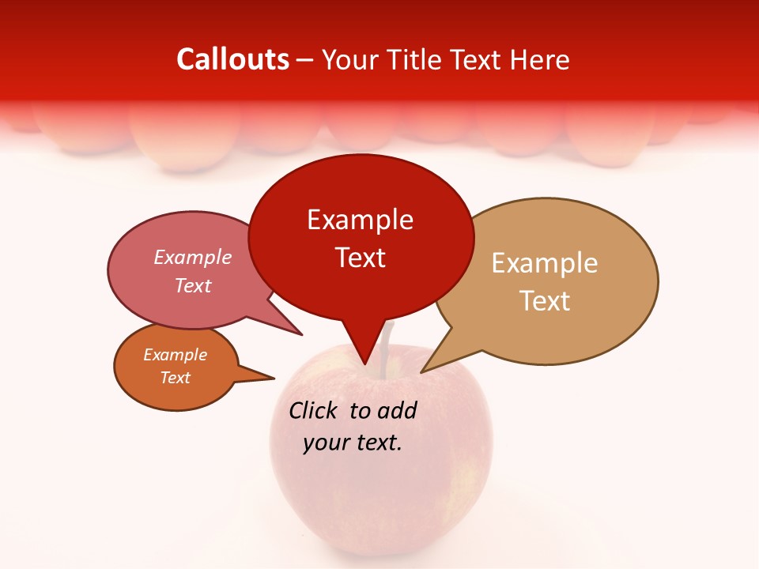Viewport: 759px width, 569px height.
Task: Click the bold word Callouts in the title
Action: coord(232,59)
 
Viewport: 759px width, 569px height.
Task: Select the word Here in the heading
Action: coord(539,59)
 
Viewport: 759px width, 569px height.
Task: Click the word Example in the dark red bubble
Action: coord(360,220)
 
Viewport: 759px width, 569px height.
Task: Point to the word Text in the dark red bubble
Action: coord(360,258)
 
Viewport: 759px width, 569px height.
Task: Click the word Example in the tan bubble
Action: coord(545,263)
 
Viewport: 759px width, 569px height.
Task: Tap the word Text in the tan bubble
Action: coord(545,301)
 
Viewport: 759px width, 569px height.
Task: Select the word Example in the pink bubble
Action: coord(192,258)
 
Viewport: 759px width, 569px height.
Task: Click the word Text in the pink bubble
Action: coord(192,285)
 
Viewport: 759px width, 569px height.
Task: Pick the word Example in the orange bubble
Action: coord(175,355)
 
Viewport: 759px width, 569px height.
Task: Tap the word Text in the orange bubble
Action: coord(175,378)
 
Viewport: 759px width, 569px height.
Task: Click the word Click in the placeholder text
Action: coord(315,410)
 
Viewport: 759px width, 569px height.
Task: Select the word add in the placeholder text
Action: coord(397,410)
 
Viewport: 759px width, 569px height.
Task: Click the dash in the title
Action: coord(305,59)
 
